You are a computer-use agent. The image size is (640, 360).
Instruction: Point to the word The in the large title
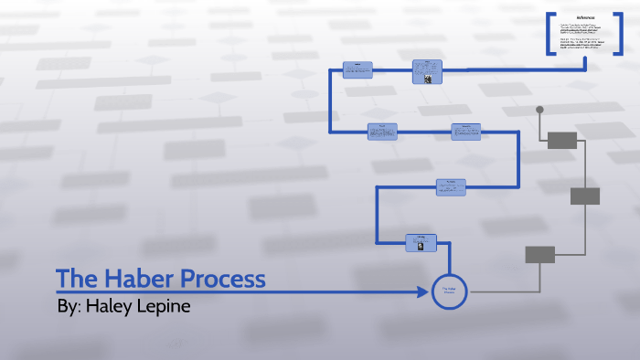pos(74,279)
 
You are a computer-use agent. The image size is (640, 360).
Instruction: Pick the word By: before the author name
pos(69,305)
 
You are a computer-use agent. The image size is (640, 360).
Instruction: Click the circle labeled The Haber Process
pos(449,291)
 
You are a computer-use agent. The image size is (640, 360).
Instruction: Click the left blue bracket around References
pos(549,34)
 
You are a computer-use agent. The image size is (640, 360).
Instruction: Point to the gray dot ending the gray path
pos(539,111)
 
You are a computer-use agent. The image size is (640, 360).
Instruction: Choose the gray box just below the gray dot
pos(561,140)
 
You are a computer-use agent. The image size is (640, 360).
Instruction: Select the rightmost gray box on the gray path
pos(585,196)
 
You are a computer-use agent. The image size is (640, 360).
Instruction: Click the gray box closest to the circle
pos(539,254)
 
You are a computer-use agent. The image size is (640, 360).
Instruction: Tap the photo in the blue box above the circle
pos(420,247)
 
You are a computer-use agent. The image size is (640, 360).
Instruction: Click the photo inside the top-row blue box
pos(427,77)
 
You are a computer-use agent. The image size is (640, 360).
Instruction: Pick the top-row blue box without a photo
pos(357,70)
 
